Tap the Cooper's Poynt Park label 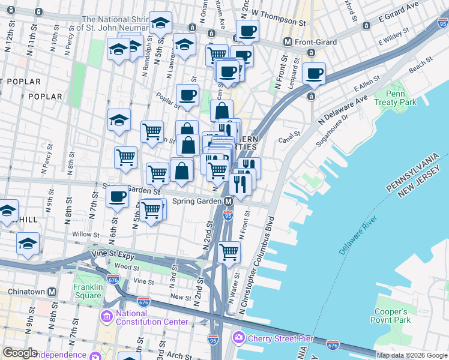coord(391,316)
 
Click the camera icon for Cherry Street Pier coord(239,338)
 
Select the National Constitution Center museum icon coord(107,316)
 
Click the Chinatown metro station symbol coord(52,292)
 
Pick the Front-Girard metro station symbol coord(288,42)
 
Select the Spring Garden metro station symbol coord(228,202)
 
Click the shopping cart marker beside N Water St coord(229,253)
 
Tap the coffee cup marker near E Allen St coord(314,74)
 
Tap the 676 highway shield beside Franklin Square coord(112,279)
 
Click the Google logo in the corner coord(20,353)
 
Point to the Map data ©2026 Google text coord(411,355)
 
